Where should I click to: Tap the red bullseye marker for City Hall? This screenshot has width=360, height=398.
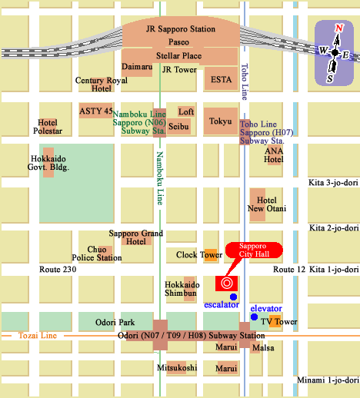[227, 283]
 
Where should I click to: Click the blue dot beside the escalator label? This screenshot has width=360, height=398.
[233, 297]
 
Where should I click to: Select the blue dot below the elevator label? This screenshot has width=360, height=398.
[253, 317]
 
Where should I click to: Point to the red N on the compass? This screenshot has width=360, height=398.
[338, 28]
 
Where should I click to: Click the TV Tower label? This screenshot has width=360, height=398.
[278, 321]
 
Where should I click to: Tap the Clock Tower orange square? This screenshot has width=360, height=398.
[210, 255]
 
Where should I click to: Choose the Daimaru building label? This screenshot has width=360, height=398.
[137, 67]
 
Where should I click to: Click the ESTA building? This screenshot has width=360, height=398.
[222, 78]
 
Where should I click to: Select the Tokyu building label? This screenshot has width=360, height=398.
[220, 121]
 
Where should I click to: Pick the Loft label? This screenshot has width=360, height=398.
[186, 111]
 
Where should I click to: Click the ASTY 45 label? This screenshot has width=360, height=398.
[95, 111]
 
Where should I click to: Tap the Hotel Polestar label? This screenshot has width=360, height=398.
[50, 127]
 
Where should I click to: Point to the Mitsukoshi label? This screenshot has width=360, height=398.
[177, 368]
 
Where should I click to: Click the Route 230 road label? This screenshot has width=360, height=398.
[58, 270]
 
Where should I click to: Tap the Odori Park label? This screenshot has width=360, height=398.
[115, 323]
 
